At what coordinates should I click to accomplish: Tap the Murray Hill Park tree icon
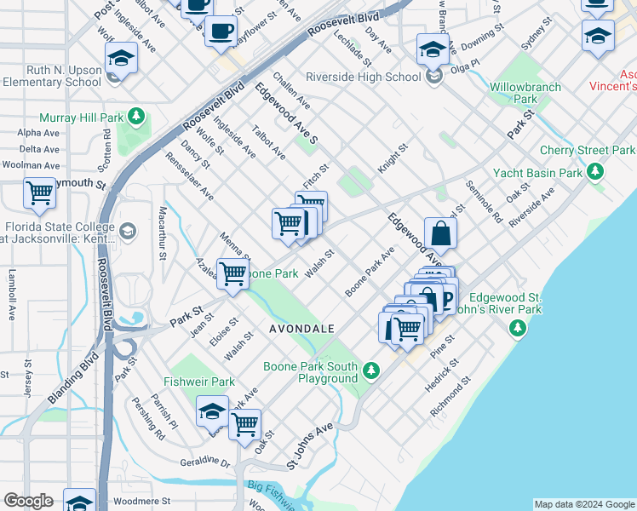(x=135, y=117)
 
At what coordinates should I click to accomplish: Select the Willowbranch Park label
(x=525, y=93)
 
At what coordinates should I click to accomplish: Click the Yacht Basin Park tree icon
(x=596, y=173)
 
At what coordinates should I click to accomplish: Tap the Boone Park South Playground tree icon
(x=370, y=370)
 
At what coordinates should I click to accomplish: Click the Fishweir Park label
(x=198, y=382)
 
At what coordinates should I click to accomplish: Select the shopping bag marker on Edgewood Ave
(x=440, y=232)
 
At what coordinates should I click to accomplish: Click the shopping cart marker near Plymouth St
(x=40, y=193)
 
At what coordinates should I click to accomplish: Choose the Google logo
(x=28, y=501)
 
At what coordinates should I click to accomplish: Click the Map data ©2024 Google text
(x=584, y=504)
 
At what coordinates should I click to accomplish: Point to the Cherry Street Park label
(x=587, y=151)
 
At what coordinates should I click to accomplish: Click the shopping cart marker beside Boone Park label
(x=232, y=273)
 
